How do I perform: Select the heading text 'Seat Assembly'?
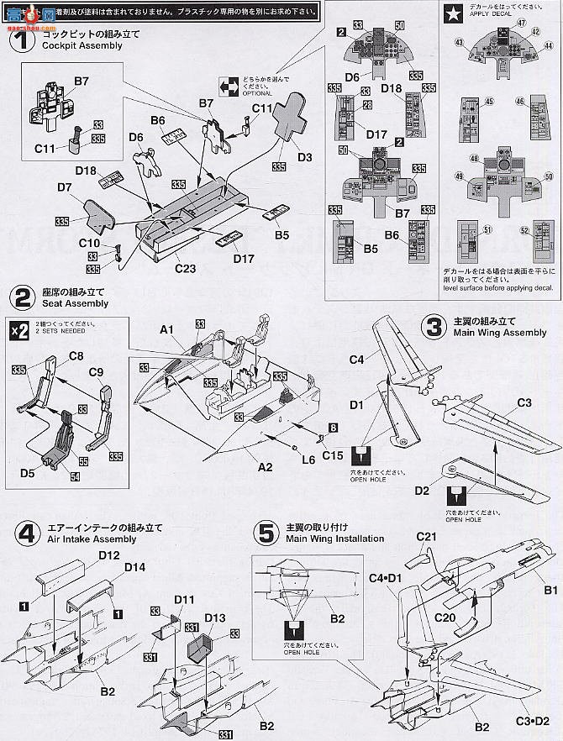pos(75,303)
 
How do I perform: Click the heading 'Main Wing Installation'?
pos(334,539)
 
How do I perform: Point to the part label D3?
pos(304,157)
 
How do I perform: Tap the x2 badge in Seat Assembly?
pos(19,329)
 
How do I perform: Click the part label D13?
pos(214,617)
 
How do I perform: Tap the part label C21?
pos(427,537)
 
